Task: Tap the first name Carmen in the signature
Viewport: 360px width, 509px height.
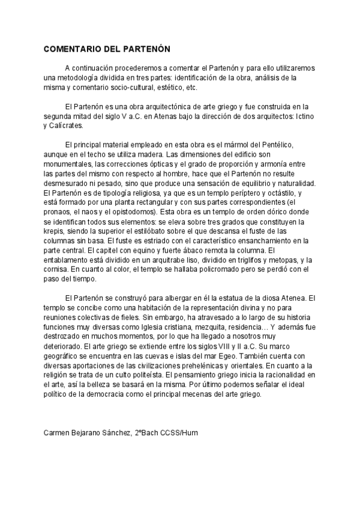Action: [x=58, y=433]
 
